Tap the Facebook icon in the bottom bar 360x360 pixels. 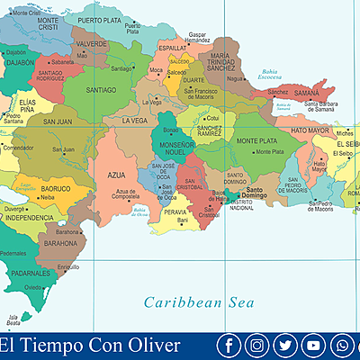230,346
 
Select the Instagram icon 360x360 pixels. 258,346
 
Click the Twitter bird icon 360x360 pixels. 286,346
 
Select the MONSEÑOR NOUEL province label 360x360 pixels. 176,148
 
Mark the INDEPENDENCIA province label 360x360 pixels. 30,218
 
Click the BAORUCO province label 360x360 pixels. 56,190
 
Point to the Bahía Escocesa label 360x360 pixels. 270,75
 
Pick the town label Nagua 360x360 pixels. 236,79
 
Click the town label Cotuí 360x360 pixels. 212,117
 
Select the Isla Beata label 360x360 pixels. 13,319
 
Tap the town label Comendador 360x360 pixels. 17,147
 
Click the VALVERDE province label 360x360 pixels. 91,43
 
